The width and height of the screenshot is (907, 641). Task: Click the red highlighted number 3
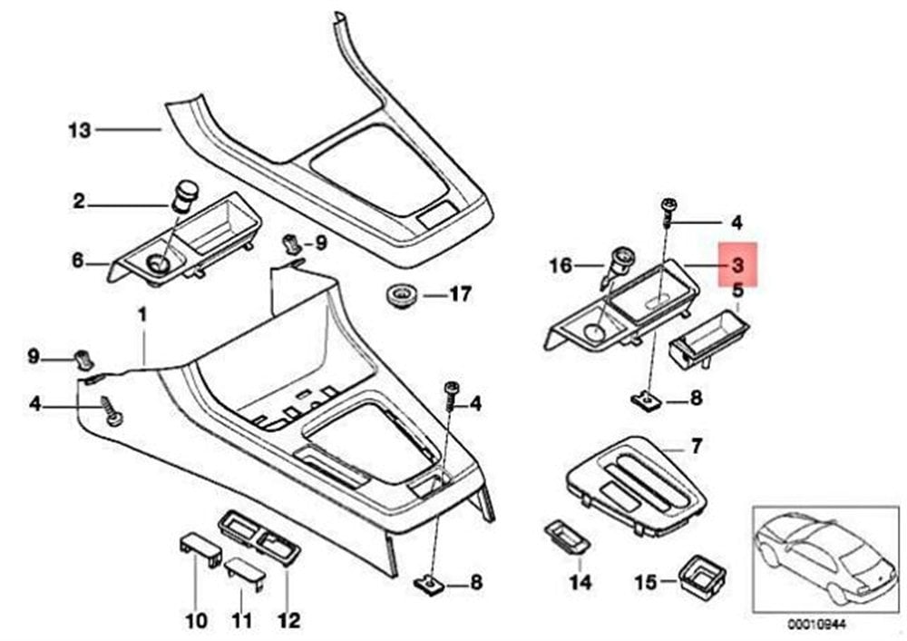click(737, 265)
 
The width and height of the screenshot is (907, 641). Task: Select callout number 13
click(80, 130)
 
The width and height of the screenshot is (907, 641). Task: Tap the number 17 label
click(460, 295)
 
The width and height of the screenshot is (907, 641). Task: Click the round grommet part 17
click(398, 295)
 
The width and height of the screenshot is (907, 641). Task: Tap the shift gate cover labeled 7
click(637, 485)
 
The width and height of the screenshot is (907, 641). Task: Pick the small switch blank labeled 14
click(566, 537)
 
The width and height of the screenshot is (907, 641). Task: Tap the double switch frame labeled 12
click(258, 537)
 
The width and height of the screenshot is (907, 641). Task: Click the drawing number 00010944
click(817, 625)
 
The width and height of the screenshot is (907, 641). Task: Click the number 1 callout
click(142, 316)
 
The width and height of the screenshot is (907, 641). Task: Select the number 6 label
click(77, 261)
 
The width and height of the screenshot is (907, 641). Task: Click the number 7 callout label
click(696, 446)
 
